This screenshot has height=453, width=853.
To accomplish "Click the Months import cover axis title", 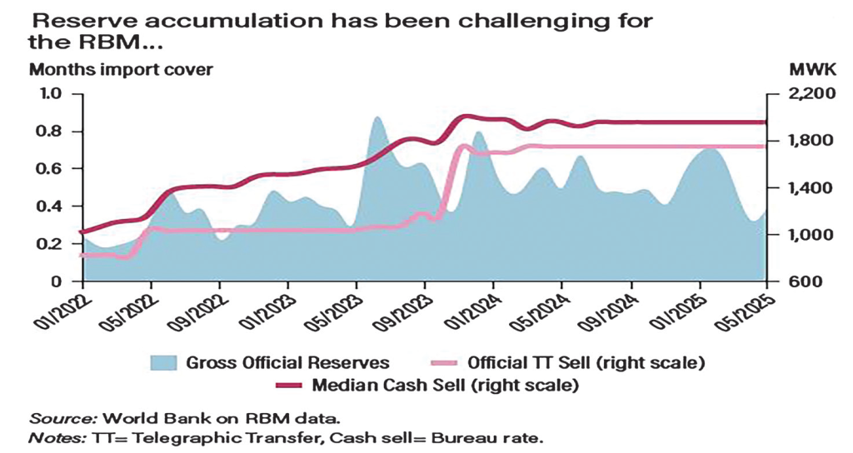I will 122,70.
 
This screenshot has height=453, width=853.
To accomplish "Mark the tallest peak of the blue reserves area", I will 377,118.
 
